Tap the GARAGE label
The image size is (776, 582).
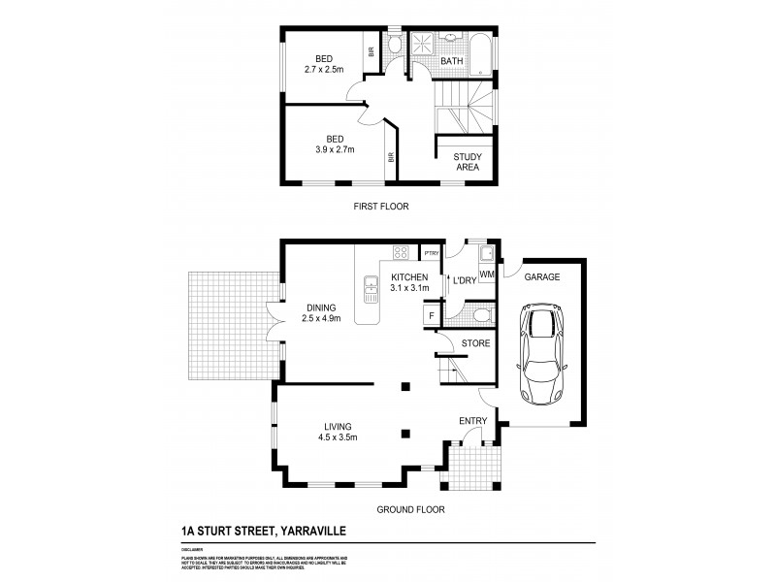[542, 277]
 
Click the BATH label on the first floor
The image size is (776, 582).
[452, 62]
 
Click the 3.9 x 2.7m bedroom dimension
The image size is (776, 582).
[336, 150]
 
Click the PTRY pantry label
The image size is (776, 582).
[432, 253]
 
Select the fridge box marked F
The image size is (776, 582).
[430, 315]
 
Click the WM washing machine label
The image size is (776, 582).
[486, 275]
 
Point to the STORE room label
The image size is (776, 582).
[475, 343]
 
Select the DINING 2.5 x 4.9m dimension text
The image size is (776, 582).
[321, 317]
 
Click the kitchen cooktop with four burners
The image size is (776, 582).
[399, 253]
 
